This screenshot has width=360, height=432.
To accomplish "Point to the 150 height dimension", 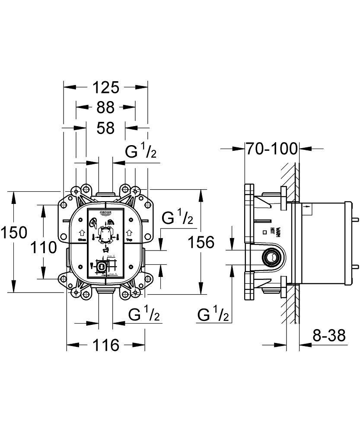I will pyautogui.click(x=13, y=233).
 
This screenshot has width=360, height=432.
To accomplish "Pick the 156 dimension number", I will pyautogui.click(x=201, y=242).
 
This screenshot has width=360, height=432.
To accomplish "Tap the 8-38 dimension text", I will pyautogui.click(x=328, y=335).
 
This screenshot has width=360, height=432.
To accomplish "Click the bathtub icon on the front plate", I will pyautogui.click(x=105, y=249).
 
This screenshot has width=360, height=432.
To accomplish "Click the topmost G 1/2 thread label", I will pyautogui.click(x=141, y=152).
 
